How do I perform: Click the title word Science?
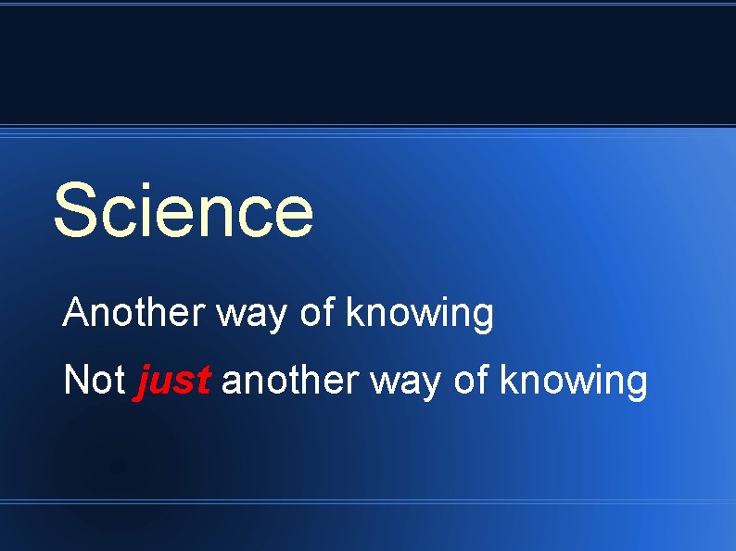184,210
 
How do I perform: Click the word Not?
94,381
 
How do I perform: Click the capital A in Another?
75,314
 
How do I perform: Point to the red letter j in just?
145,382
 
